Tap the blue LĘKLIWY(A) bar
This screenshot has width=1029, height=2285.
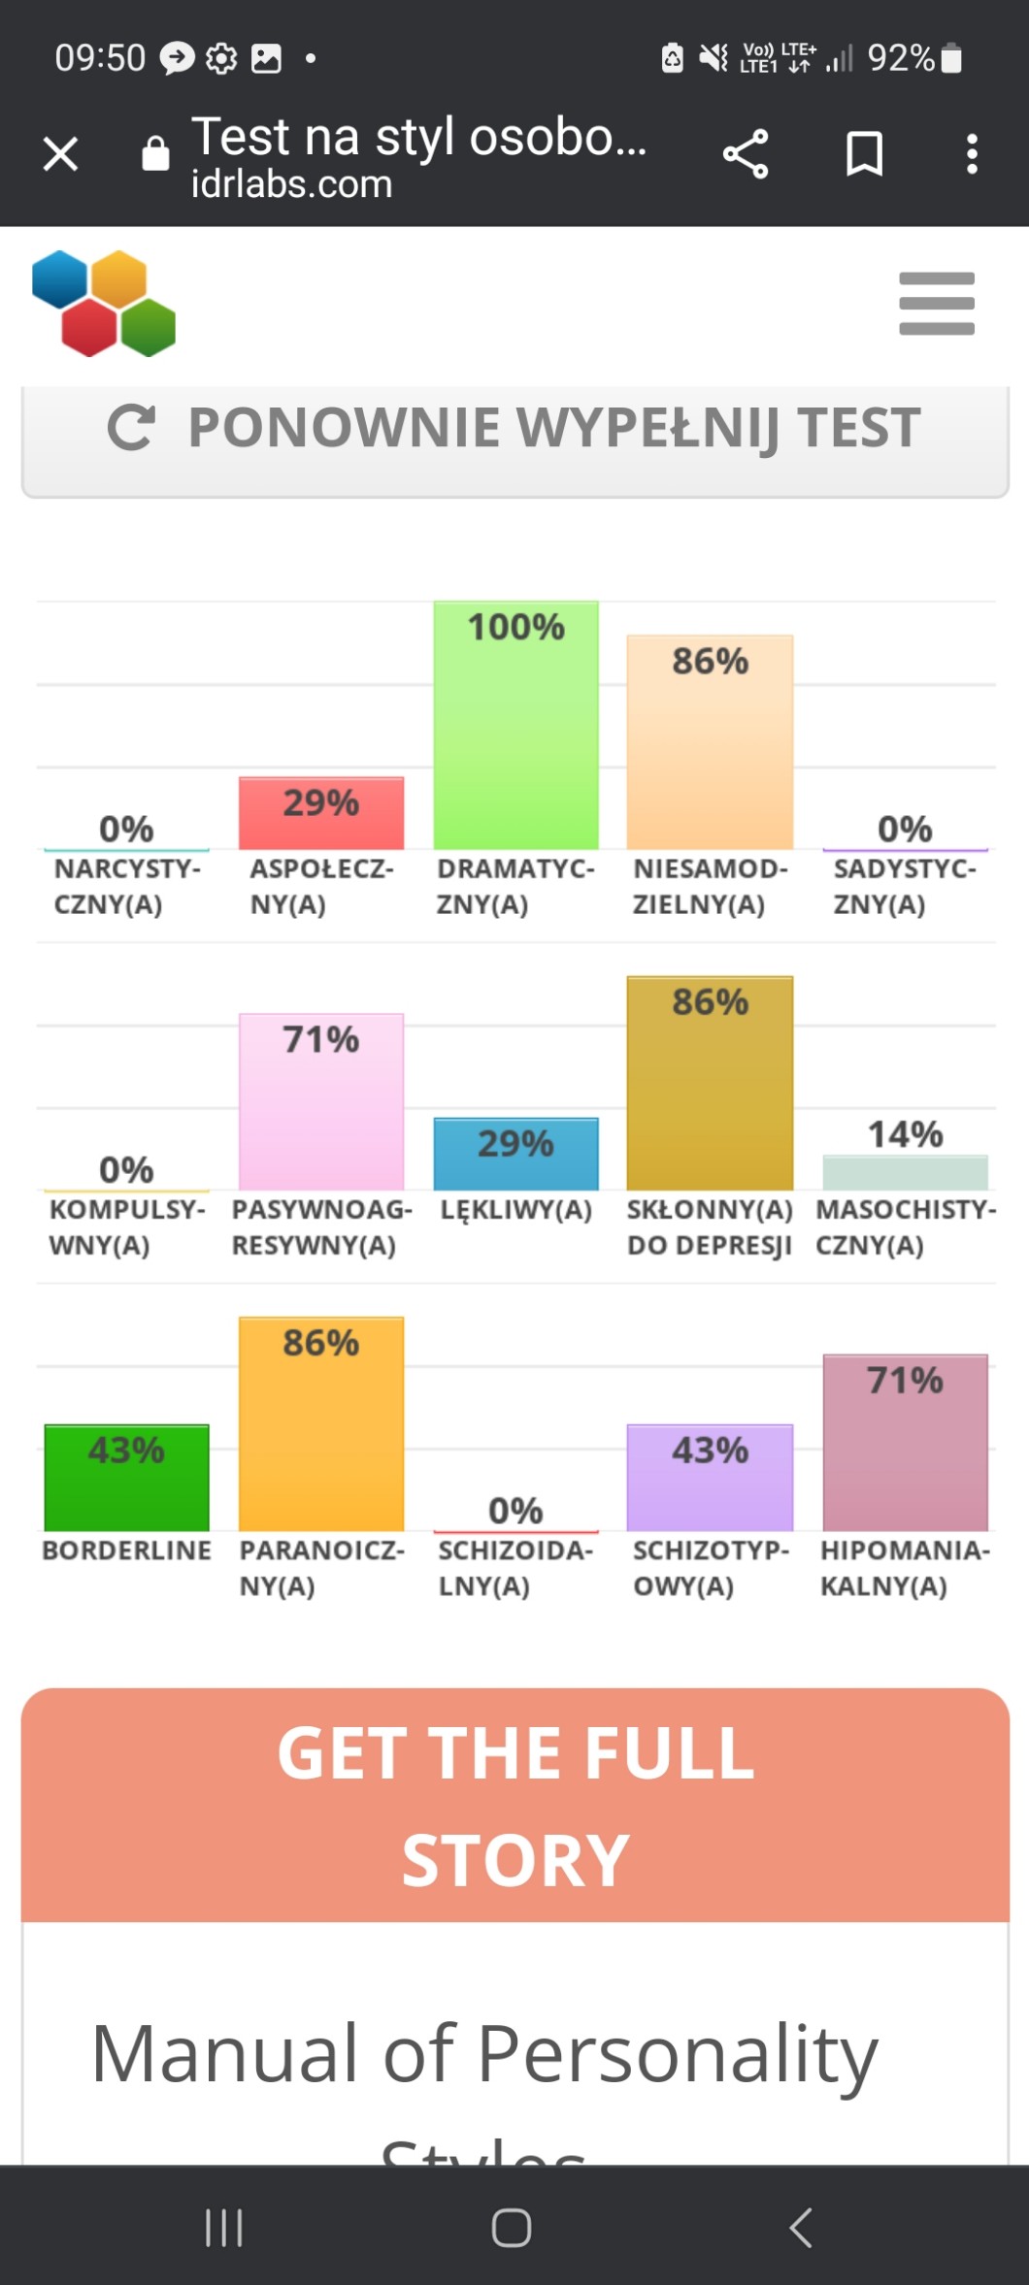pyautogui.click(x=515, y=1154)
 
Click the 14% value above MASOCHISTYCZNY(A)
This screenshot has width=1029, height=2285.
pyautogui.click(x=905, y=1133)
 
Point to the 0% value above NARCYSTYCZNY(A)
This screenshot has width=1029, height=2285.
pyautogui.click(x=126, y=829)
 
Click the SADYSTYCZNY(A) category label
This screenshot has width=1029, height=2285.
pyautogui.click(x=905, y=886)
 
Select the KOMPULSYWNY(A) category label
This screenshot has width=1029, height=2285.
pyautogui.click(x=126, y=1226)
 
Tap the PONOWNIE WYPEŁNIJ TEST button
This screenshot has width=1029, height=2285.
pyautogui.click(x=514, y=429)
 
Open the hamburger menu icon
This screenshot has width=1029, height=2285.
pyautogui.click(x=936, y=304)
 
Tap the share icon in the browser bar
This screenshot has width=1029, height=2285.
pyautogui.click(x=746, y=154)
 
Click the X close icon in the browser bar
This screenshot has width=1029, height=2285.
pyautogui.click(x=60, y=153)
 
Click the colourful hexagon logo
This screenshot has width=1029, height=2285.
pyautogui.click(x=104, y=304)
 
